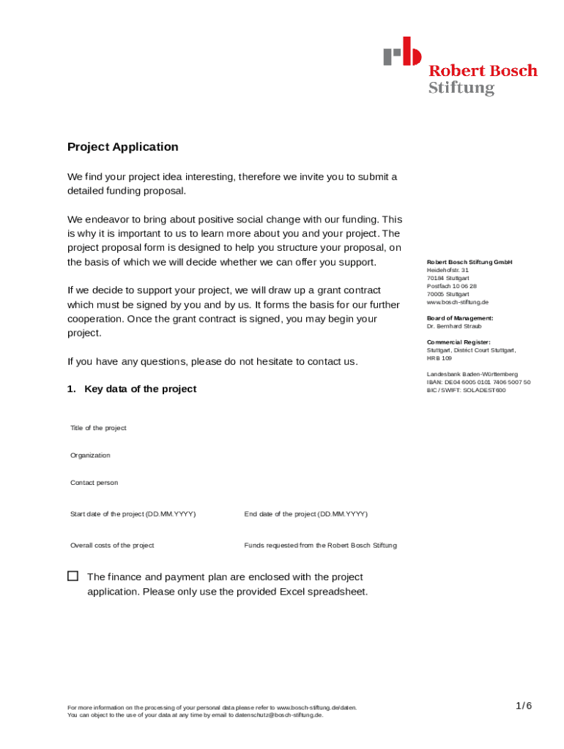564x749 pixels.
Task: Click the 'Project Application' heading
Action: click(123, 147)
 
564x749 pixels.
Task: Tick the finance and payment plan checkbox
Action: click(73, 576)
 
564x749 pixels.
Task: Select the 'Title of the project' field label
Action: click(98, 428)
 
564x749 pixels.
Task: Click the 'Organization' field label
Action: click(90, 456)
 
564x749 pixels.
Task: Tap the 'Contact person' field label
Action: click(94, 483)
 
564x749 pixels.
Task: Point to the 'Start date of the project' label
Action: click(133, 514)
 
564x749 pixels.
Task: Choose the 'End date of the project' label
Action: click(305, 514)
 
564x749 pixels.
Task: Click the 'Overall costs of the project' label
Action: click(112, 546)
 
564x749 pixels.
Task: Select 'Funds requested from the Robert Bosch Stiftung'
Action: click(320, 546)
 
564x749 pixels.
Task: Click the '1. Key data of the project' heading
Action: click(132, 389)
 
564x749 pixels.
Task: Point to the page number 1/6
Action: click(523, 706)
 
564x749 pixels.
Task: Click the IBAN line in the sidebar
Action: click(478, 383)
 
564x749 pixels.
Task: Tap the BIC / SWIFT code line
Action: click(466, 391)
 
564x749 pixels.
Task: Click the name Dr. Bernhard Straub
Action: click(454, 326)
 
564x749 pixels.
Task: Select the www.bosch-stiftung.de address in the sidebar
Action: click(457, 302)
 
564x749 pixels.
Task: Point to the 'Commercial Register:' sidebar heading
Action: click(459, 342)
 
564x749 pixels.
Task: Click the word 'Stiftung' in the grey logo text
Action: click(461, 89)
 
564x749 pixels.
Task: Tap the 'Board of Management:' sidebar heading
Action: click(460, 318)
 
